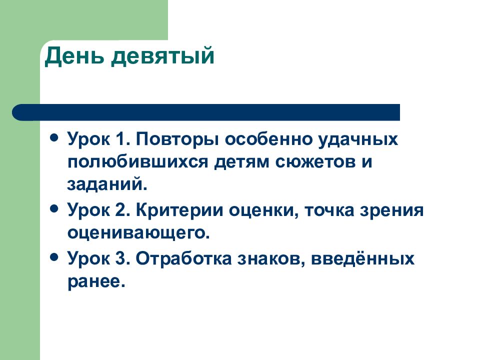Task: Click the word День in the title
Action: (74, 56)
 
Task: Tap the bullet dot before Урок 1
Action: (54, 137)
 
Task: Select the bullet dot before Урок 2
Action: (54, 208)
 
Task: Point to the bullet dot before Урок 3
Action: (54, 256)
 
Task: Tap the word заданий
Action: (107, 184)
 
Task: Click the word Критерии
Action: (179, 211)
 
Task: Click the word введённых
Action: (363, 258)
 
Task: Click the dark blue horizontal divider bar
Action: (206, 112)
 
